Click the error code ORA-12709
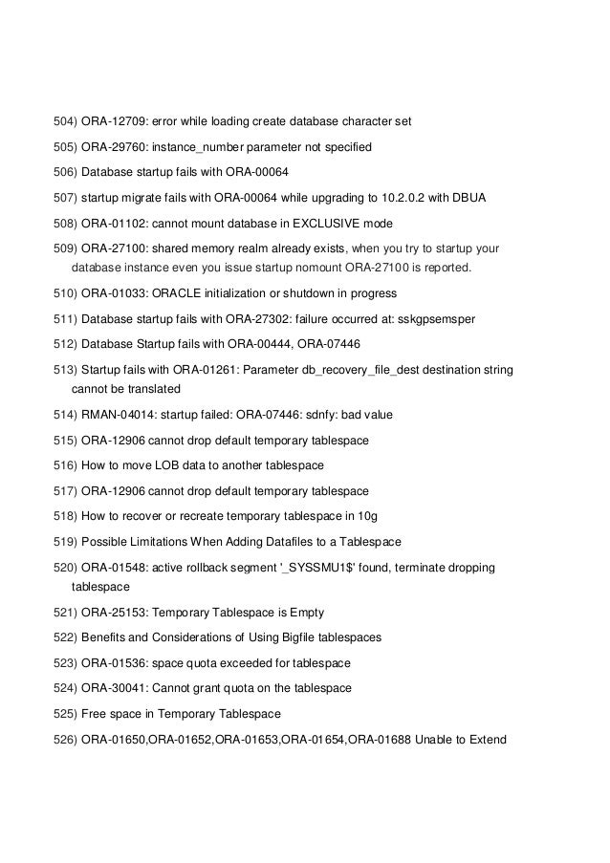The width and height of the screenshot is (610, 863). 115,122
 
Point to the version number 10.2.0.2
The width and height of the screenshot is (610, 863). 396,198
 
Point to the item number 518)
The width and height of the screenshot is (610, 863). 65,516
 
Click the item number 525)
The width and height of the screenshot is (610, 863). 65,714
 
